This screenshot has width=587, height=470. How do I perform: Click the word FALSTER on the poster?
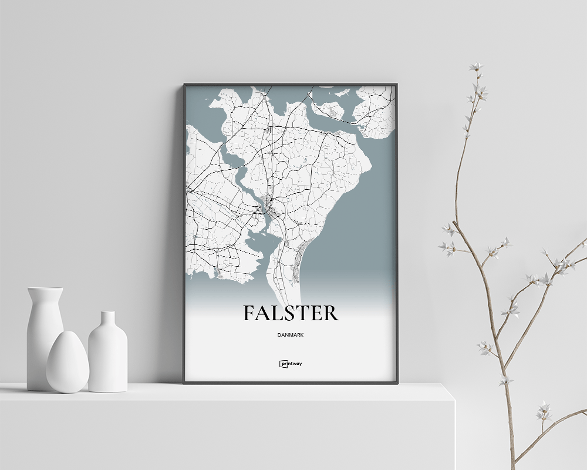pyautogui.click(x=291, y=313)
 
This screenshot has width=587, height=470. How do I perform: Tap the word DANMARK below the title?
pyautogui.click(x=291, y=335)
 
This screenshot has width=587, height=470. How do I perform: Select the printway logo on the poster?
pyautogui.click(x=291, y=364)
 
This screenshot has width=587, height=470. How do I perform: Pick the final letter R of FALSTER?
pyautogui.click(x=330, y=313)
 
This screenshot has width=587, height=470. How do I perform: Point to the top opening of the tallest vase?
pyautogui.click(x=45, y=288)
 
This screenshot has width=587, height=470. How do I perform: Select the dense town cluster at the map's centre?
pyautogui.click(x=268, y=206)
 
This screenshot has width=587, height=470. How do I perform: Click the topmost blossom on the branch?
pyautogui.click(x=476, y=66)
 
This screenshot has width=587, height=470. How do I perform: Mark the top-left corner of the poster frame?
pyautogui.click(x=184, y=85)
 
